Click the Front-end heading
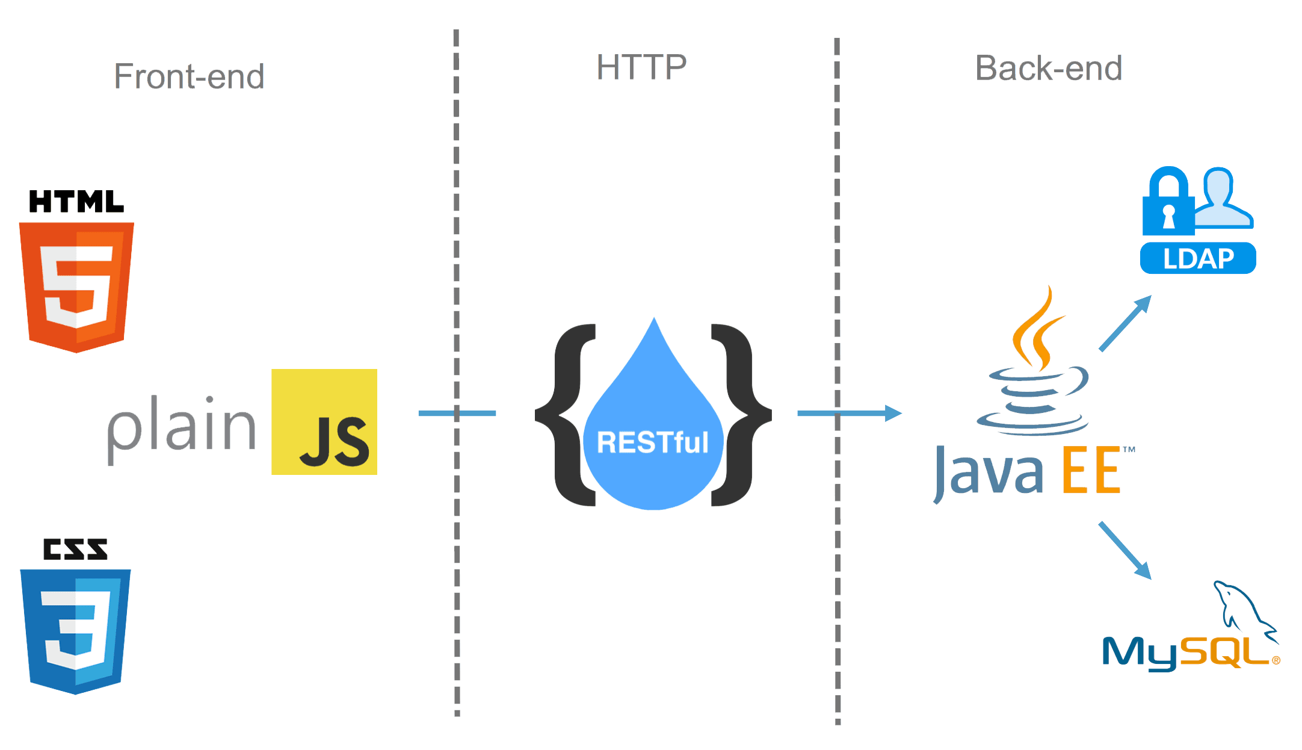(189, 77)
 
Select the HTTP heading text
(641, 67)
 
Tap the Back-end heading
(1048, 68)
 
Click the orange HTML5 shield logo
(76, 286)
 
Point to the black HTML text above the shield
(76, 202)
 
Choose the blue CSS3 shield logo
(76, 629)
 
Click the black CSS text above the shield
(75, 549)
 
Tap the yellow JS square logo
(324, 422)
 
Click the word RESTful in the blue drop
(653, 442)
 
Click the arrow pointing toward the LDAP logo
(1125, 323)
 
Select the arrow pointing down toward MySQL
(1125, 550)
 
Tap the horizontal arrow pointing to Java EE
(848, 413)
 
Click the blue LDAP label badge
(1198, 259)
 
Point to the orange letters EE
(1091, 471)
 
